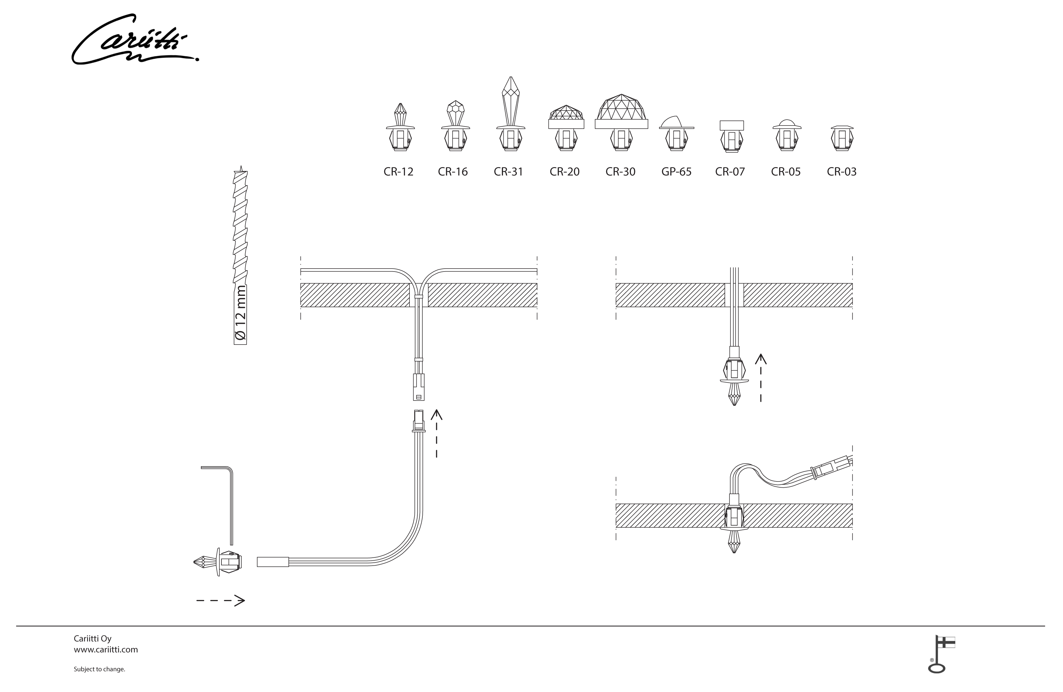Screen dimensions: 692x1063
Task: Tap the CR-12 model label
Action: tap(398, 172)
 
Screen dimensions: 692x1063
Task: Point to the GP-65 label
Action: tap(676, 172)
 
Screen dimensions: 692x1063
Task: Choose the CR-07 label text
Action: tap(730, 172)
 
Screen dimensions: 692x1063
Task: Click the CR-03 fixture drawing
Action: tap(842, 138)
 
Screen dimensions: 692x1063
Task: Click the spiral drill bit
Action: tap(240, 228)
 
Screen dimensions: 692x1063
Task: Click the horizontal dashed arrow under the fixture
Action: tap(221, 601)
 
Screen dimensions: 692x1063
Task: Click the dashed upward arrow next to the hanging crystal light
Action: tap(761, 378)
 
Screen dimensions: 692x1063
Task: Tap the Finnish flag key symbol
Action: tap(940, 654)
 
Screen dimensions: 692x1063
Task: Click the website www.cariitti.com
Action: tap(106, 649)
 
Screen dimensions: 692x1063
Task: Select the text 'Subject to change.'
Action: tap(99, 669)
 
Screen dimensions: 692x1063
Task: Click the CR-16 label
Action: tap(452, 172)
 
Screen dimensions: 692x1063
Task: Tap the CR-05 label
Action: tap(786, 172)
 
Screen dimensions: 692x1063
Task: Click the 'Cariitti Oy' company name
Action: tap(92, 638)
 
